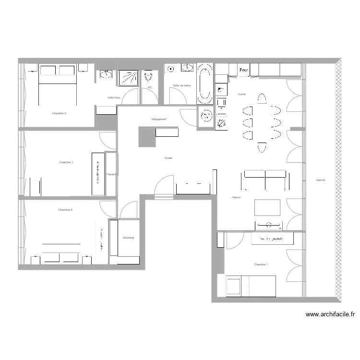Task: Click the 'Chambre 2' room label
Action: (59, 113)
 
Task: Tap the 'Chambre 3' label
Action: (66, 162)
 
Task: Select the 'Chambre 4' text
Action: (65, 210)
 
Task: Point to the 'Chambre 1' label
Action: (261, 264)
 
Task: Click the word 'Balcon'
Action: (321, 180)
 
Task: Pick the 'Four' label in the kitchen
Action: (244, 71)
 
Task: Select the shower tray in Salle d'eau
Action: (128, 78)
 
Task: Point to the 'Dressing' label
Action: (128, 238)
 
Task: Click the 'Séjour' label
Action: (236, 197)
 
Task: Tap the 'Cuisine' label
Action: (241, 94)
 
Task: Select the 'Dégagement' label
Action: (159, 119)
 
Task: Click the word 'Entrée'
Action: (168, 158)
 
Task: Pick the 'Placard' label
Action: (111, 174)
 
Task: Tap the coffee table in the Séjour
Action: (267, 207)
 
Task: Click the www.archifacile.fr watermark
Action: (331, 315)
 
